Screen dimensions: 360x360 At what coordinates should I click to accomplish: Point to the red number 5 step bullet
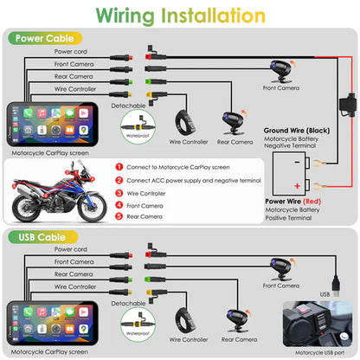pos(119,217)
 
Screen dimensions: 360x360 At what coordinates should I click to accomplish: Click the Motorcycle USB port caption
pos(316,351)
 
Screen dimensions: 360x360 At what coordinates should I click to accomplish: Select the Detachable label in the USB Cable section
pos(129,304)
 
